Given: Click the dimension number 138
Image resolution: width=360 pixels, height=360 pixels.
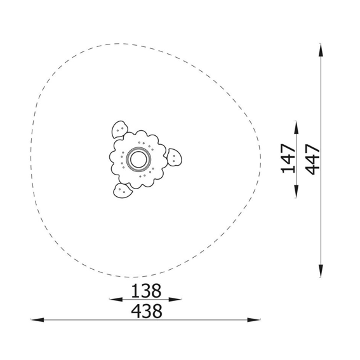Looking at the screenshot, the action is point(146,291).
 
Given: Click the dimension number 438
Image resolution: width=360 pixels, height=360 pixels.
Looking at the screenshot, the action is point(147,311).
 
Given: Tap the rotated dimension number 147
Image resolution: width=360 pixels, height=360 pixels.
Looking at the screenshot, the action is point(288,159).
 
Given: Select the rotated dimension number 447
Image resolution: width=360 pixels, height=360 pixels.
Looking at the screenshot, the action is point(313,159).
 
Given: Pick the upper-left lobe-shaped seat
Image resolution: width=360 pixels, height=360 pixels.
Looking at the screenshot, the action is point(119,130).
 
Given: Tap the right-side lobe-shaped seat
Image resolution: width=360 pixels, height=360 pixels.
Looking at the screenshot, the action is point(174,157).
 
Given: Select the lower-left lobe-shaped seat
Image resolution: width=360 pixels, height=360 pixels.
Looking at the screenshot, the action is point(123,190).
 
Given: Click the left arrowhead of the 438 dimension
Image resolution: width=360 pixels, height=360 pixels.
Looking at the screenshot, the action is point(37,319).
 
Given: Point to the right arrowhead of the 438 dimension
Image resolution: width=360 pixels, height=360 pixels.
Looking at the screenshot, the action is point(254,319).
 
